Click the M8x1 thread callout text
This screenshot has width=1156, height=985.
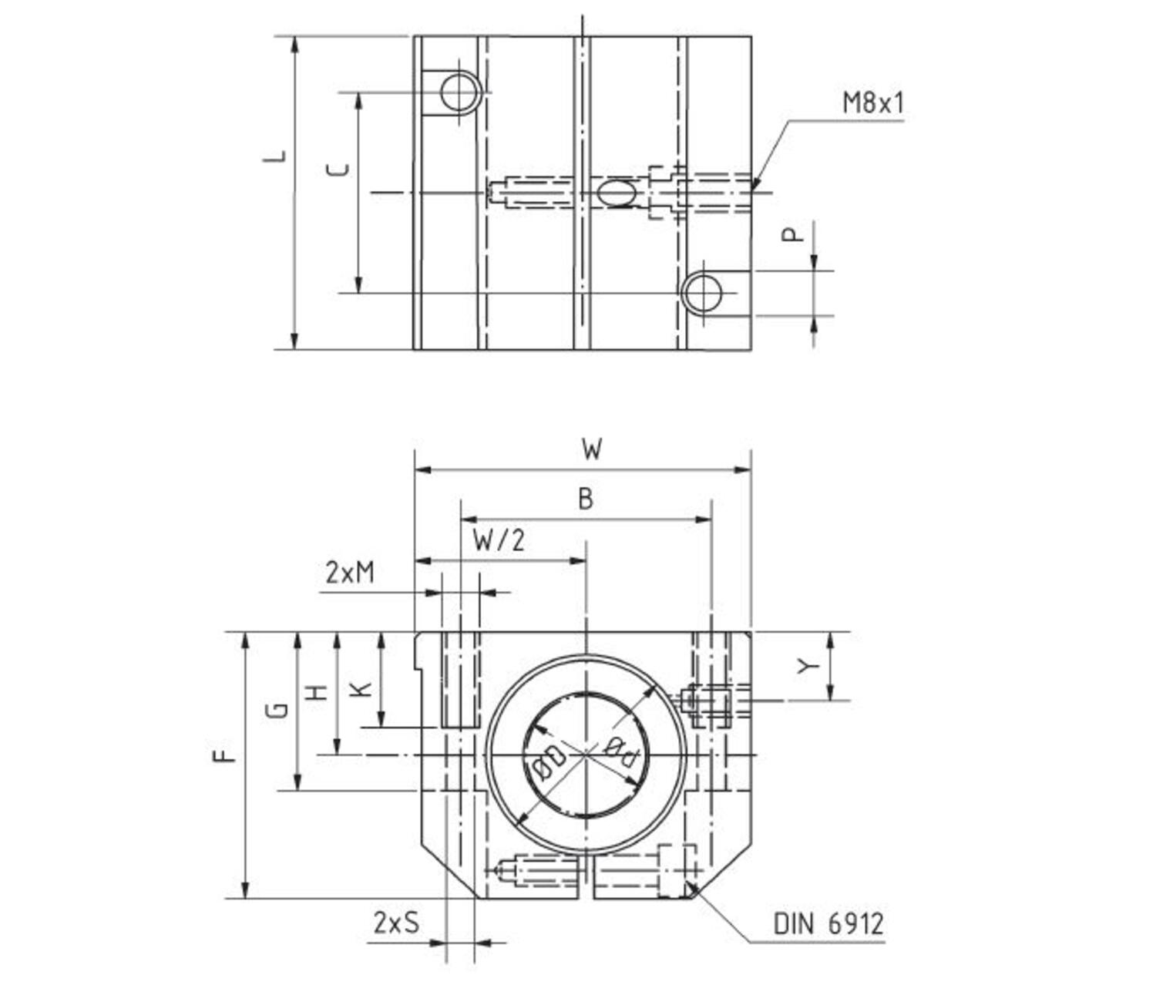(x=872, y=103)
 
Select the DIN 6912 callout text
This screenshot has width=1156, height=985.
(x=828, y=923)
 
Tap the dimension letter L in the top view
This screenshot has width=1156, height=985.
(x=275, y=156)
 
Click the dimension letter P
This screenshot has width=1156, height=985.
(x=792, y=234)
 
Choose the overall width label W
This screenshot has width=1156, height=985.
(x=591, y=449)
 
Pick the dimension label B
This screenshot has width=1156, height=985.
(x=586, y=499)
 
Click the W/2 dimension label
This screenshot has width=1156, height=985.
(x=499, y=540)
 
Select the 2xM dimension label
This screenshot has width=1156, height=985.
(x=350, y=573)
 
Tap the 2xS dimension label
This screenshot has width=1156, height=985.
(x=397, y=922)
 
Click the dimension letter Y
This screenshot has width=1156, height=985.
(x=807, y=665)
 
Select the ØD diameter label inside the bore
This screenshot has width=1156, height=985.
(x=548, y=763)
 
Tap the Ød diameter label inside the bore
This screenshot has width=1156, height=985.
(x=621, y=749)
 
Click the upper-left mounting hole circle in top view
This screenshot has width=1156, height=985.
(x=460, y=92)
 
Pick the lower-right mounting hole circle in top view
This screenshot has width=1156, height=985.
(x=702, y=293)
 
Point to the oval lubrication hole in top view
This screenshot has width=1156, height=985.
(x=617, y=192)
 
